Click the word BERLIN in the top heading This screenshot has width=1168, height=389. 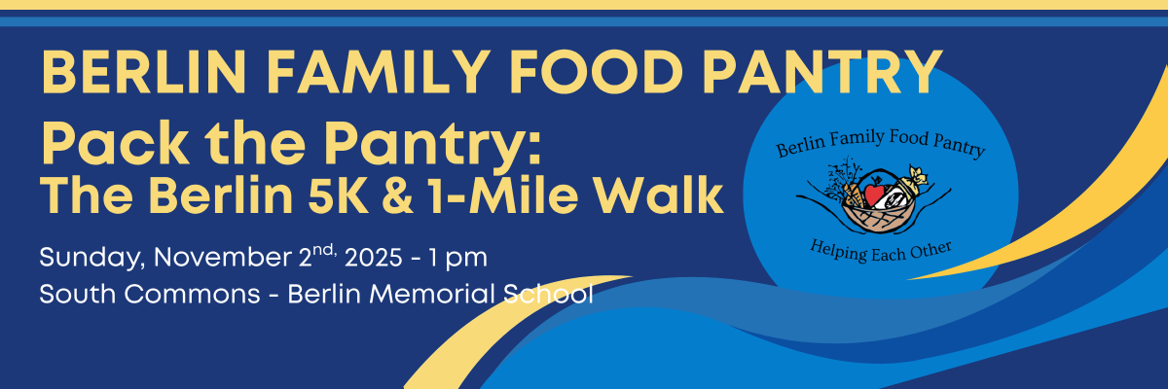pos(144,72)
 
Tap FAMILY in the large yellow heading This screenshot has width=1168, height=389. pos(382,72)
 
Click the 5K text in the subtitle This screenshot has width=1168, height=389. pos(338,195)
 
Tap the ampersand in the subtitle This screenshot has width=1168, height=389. pos(398,195)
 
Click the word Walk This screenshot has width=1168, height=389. pos(659,195)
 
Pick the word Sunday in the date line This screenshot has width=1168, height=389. pos(92,259)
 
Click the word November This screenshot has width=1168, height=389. pos(223,258)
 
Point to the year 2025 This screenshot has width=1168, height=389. pos(374,258)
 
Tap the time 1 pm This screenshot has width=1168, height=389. pos(458,259)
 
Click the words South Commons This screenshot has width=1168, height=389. pos(150,295)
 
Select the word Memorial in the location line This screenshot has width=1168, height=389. pos(432,294)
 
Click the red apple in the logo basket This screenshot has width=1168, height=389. pos(874,194)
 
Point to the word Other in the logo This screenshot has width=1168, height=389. pos(931,251)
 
